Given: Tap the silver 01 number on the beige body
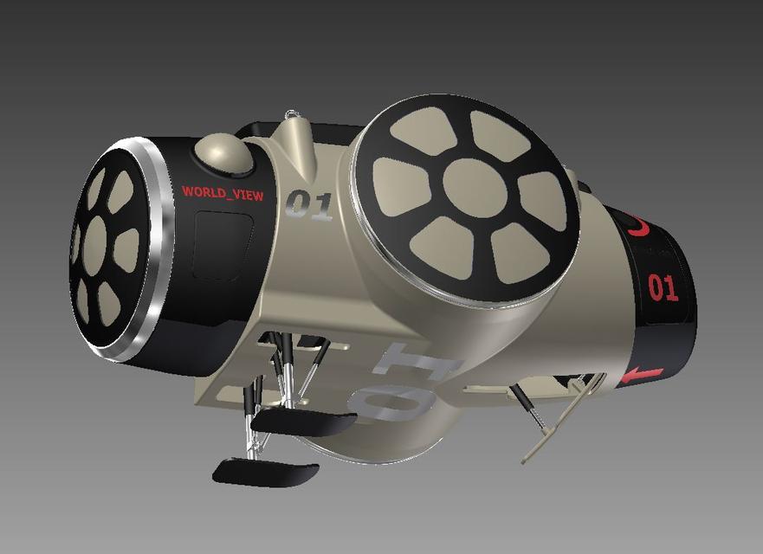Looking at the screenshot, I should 309,205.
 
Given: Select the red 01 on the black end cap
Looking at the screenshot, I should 663,287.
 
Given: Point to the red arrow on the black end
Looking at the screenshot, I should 641,375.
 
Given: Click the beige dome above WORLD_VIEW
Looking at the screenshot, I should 223,153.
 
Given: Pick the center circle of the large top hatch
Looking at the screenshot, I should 475,188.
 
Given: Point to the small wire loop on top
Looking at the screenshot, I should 294,114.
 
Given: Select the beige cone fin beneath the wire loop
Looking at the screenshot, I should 297,143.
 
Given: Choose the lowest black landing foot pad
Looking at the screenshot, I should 266,472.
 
